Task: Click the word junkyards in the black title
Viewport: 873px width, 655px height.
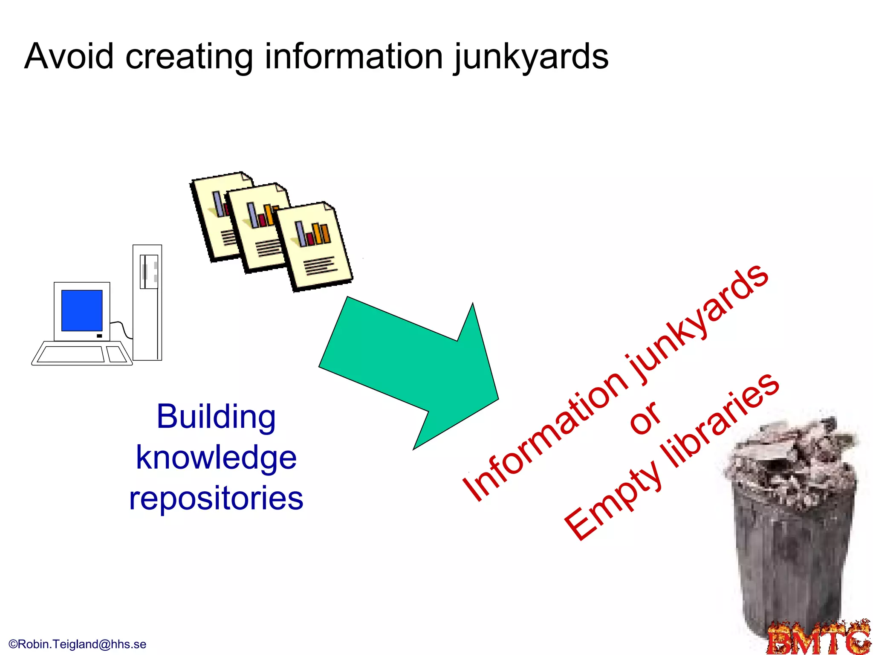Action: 531,58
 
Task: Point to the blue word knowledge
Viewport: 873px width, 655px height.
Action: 216,458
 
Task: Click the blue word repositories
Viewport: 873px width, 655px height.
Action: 216,498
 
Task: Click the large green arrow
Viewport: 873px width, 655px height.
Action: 409,371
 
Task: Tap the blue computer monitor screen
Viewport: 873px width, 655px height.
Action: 82,310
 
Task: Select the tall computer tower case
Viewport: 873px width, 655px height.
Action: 147,303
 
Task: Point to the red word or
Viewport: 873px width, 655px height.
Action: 645,418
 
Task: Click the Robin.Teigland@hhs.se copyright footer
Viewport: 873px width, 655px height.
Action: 78,644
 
